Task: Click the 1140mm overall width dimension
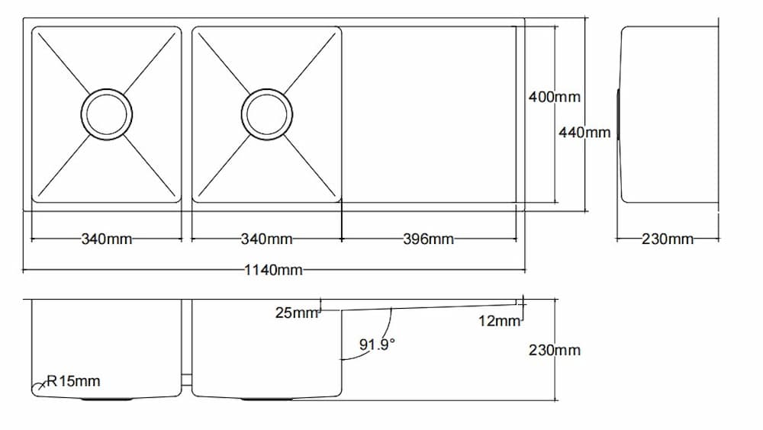pyautogui.click(x=274, y=270)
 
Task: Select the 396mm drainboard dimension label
pyautogui.click(x=429, y=239)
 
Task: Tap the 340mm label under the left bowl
pyautogui.click(x=107, y=239)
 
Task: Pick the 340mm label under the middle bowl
pyautogui.click(x=267, y=239)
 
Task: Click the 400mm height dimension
pyautogui.click(x=555, y=98)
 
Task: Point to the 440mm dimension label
pyautogui.click(x=584, y=133)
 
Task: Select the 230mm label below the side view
pyautogui.click(x=668, y=239)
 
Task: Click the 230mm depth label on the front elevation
pyautogui.click(x=555, y=351)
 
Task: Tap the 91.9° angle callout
pyautogui.click(x=378, y=345)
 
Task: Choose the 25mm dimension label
pyautogui.click(x=296, y=313)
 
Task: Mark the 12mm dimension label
pyautogui.click(x=499, y=322)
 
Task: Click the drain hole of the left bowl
pyautogui.click(x=107, y=114)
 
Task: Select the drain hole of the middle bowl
pyautogui.click(x=267, y=114)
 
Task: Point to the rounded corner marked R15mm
pyautogui.click(x=37, y=390)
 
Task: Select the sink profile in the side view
pyautogui.click(x=670, y=114)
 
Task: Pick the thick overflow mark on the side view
pyautogui.click(x=617, y=114)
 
